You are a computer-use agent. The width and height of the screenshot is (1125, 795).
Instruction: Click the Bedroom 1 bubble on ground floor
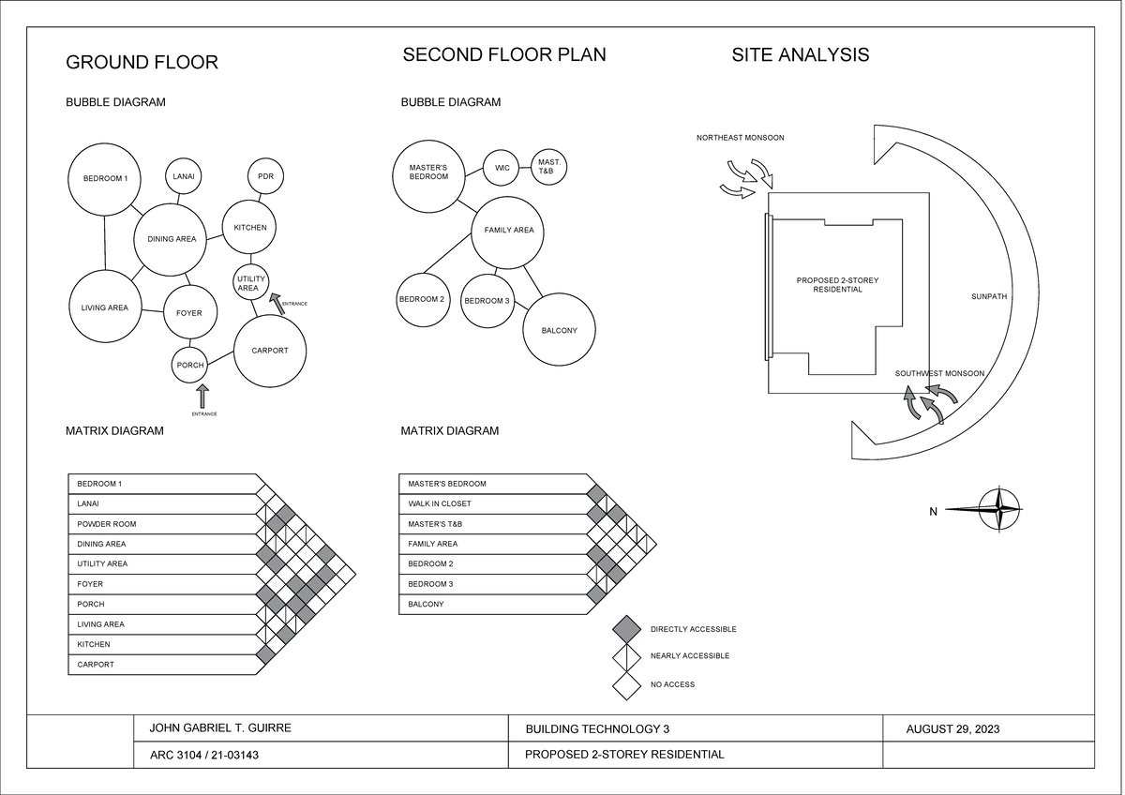pyautogui.click(x=105, y=178)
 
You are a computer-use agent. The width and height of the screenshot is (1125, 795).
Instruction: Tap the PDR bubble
pyautogui.click(x=265, y=176)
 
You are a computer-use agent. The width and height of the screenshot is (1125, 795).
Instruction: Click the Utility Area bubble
pyautogui.click(x=250, y=283)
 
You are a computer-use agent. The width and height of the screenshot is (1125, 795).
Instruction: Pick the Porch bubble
pyautogui.click(x=190, y=365)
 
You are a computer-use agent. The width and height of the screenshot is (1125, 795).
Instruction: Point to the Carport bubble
pyautogui.click(x=270, y=351)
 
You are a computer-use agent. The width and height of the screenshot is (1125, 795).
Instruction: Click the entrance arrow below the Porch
pyautogui.click(x=203, y=396)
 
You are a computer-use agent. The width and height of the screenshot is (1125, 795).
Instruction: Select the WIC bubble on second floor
pyautogui.click(x=502, y=168)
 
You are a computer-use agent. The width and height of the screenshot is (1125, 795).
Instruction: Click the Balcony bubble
pyautogui.click(x=559, y=331)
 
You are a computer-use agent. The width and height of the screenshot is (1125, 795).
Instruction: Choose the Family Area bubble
pyautogui.click(x=508, y=231)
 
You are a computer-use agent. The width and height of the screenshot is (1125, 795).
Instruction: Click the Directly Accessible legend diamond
pyautogui.click(x=626, y=629)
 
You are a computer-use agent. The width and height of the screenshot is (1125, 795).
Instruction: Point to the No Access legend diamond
pyautogui.click(x=626, y=684)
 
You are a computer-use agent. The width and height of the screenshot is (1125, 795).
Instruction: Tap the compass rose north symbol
pyautogui.click(x=1001, y=510)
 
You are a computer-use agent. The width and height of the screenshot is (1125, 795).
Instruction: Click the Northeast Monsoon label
pyautogui.click(x=740, y=138)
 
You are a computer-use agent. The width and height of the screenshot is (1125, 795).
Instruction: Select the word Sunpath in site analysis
pyautogui.click(x=988, y=297)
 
